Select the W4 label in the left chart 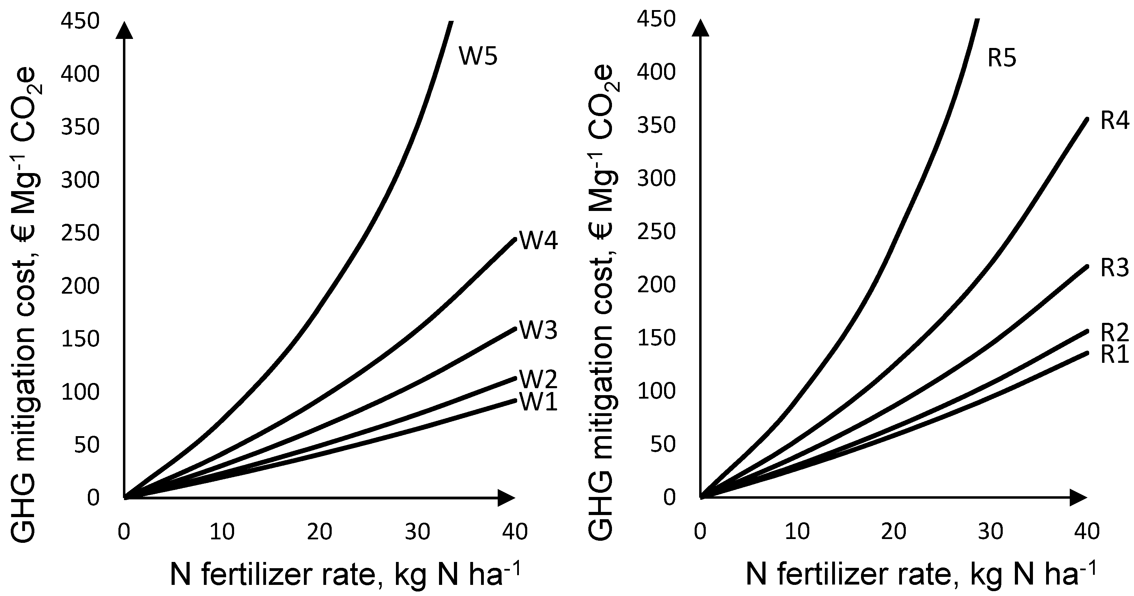[x=538, y=240]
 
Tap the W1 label [x=538, y=402]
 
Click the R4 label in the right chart [x=1114, y=120]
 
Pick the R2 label [x=1114, y=333]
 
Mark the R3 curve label [x=1114, y=268]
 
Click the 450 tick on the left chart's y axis [x=80, y=21]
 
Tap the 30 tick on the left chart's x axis [x=417, y=532]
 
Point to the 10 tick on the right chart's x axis [x=797, y=532]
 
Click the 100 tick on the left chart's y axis [x=80, y=392]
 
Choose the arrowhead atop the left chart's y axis [x=125, y=31]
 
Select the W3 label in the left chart [x=538, y=330]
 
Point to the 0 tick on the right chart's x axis [x=700, y=532]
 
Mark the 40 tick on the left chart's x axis [x=515, y=532]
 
